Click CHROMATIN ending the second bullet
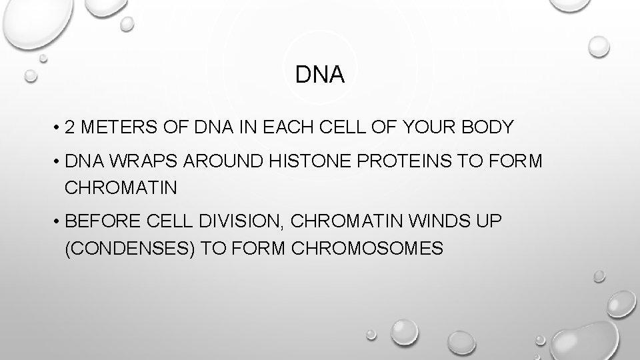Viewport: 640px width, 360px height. coord(121,188)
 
